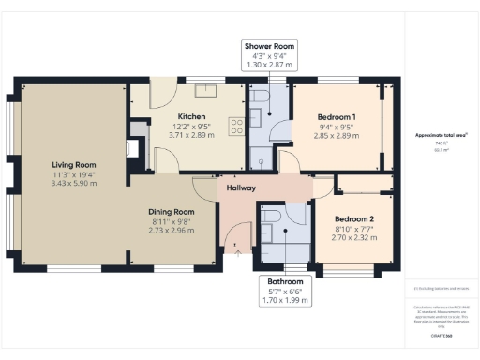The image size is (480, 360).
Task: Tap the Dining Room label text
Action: [172, 212]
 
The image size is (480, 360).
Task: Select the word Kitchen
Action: [178, 117]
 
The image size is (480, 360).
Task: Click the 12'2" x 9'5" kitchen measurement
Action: [178, 127]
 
